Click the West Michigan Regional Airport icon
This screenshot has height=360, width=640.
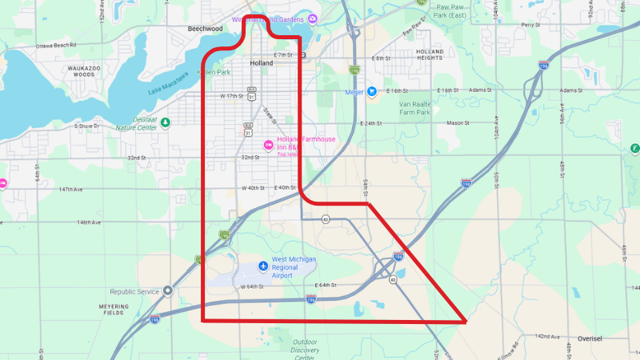click(263, 266)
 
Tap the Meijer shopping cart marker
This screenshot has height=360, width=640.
click(371, 91)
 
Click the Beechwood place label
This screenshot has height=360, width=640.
click(204, 29)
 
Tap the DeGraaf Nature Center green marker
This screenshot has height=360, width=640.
click(165, 122)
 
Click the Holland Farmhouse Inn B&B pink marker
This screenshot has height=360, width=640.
click(269, 144)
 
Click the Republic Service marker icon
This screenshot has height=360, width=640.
click(167, 290)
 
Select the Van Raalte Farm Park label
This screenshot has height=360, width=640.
click(409, 108)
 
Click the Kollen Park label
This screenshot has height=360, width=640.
click(215, 73)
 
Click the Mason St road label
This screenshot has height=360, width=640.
click(457, 123)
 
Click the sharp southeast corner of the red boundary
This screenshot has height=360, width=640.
click(466, 322)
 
